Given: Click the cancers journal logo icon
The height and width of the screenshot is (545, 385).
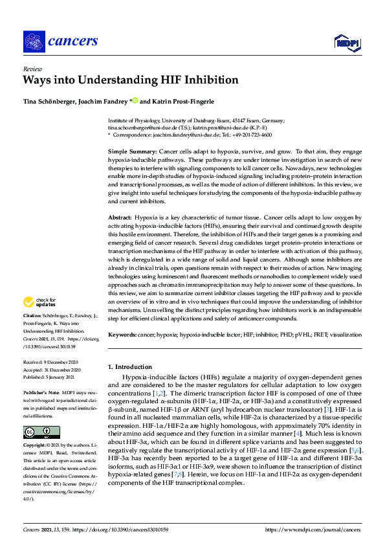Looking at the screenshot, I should (33, 41).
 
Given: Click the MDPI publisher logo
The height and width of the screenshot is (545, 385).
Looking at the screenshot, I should (346, 42).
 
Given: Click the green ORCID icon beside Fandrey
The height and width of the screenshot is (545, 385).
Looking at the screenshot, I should (135, 100).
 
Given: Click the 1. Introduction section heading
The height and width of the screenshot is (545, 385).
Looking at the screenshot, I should (130, 366).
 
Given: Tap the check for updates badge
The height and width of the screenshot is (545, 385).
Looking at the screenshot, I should (39, 302).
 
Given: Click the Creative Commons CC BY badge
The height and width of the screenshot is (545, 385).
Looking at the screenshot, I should (34, 432).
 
